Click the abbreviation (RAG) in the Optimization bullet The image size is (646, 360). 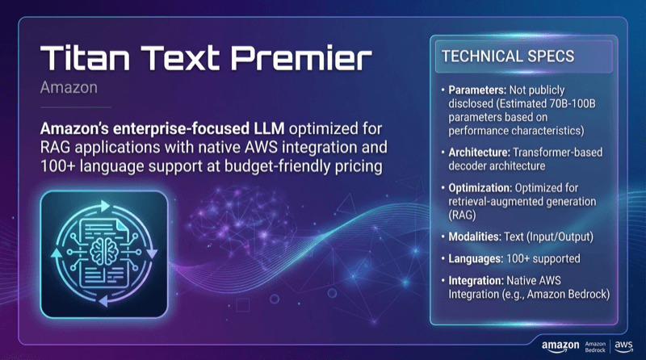462,216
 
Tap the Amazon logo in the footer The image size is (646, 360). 560,345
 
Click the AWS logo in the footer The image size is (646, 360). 624,345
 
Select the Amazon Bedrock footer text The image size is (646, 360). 594,345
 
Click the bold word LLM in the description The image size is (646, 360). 254,130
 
